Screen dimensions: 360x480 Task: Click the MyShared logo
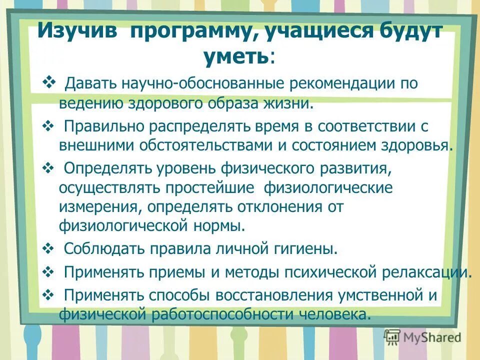pyautogui.click(x=422, y=337)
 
